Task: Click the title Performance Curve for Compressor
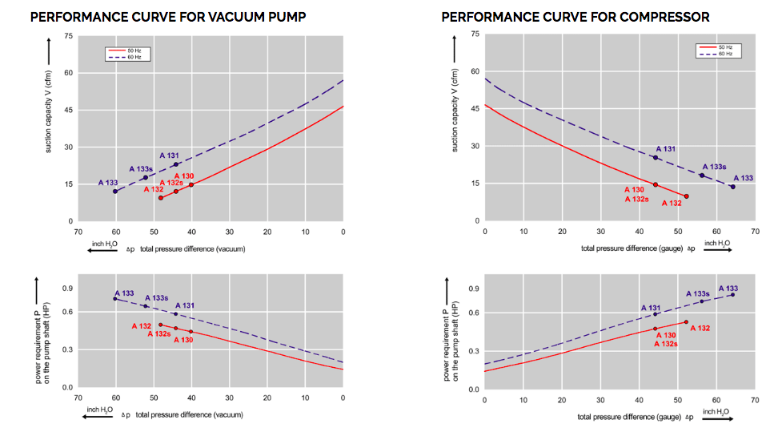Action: point(575,17)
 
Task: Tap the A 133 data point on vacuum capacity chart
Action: point(115,191)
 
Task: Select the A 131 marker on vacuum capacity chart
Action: point(176,164)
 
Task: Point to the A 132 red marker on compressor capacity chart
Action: point(687,196)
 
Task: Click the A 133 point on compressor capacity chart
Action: point(732,187)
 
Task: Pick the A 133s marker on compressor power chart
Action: point(702,301)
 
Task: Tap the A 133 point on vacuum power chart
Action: point(115,299)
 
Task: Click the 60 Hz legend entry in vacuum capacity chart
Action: point(128,58)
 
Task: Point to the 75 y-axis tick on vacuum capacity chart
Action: point(68,36)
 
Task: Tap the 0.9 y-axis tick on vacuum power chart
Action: point(68,288)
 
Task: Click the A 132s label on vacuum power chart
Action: point(159,333)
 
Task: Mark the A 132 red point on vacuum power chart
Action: point(161,325)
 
